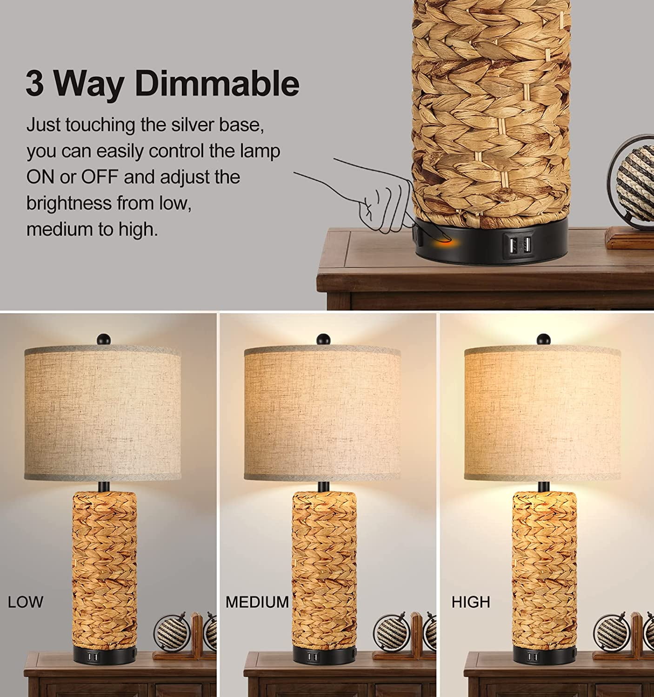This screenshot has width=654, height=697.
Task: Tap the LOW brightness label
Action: (26, 602)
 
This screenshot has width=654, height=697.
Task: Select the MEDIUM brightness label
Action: (257, 602)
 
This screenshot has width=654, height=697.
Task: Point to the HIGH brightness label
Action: (471, 602)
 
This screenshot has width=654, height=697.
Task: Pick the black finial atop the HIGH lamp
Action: (542, 338)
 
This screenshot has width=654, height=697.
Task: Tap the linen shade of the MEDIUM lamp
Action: (322, 414)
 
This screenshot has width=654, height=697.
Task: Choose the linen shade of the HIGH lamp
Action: (542, 414)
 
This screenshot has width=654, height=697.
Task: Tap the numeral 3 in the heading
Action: (34, 84)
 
